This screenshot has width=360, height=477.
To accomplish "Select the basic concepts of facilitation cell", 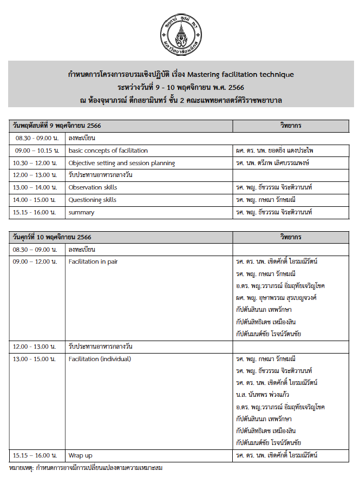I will coord(108,151).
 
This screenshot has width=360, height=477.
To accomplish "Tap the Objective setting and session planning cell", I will coord(122,163).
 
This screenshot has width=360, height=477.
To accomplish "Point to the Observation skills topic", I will coord(93,187).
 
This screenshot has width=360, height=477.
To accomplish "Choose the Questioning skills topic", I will coord(93,200).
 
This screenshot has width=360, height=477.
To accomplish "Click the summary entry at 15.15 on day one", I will coord(81,212).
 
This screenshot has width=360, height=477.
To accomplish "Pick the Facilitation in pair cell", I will coord(93,262).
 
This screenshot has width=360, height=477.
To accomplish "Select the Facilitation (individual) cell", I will coord(100,359).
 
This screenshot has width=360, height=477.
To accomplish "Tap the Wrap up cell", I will coord(81,455).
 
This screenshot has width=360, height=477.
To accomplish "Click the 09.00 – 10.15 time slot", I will coord(36,151).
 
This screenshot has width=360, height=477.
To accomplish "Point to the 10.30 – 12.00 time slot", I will coord(36,163).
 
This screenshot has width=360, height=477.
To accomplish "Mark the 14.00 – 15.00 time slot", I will coord(36,200).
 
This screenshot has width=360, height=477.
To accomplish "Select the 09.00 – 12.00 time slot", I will coord(36,262).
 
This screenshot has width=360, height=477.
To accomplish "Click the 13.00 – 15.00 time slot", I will coord(36,359).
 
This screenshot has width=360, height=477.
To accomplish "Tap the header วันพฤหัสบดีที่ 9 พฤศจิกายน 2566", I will coord(57,126).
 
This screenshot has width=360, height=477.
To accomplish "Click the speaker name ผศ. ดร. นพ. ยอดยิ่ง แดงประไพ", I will coord(278,151).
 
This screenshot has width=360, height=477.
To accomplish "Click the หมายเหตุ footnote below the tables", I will coord(86,467).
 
